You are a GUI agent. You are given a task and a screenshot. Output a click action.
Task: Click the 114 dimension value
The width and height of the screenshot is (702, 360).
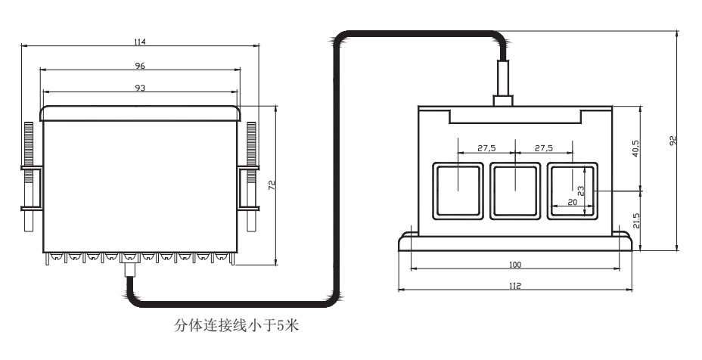(139, 41)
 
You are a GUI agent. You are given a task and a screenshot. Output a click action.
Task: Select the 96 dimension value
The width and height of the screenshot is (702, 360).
(139, 64)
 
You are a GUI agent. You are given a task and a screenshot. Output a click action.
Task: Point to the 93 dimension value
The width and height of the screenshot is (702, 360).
(139, 88)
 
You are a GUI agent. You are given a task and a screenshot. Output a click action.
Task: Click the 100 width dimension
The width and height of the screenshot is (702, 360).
(515, 265)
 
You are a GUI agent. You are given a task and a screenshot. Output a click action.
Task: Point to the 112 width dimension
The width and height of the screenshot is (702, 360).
(515, 285)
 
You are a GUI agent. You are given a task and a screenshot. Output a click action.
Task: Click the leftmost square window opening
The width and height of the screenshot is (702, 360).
(457, 190)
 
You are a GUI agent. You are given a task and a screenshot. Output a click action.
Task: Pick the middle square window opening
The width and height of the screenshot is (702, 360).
(514, 190)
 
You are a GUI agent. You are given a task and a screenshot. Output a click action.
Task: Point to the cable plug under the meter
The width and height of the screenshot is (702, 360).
(128, 270)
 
